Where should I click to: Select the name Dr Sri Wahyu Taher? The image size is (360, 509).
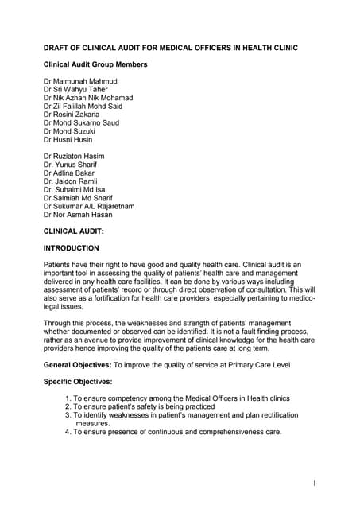click(78, 90)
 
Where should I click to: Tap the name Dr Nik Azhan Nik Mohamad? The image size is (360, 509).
click(88, 98)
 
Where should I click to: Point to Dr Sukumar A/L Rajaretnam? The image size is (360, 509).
click(89, 206)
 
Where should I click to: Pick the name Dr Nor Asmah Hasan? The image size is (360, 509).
click(78, 215)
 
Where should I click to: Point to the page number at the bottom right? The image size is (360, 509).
click(315, 483)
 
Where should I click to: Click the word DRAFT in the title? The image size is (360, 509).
click(58, 48)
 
